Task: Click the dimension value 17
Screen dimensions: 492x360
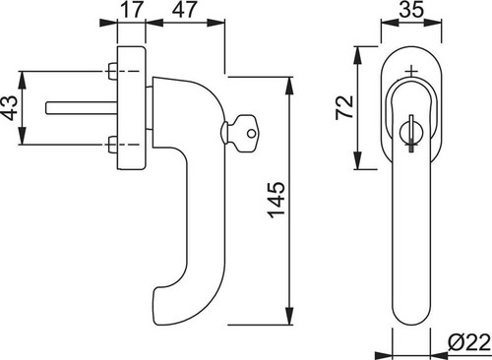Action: (132, 10)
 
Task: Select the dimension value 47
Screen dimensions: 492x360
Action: (185, 10)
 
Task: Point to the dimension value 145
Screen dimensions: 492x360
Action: (277, 200)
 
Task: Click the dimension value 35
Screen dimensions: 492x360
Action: (411, 10)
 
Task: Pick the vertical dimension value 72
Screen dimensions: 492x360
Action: (344, 107)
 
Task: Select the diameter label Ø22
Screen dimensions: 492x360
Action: (469, 342)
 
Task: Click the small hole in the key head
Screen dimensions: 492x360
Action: (251, 134)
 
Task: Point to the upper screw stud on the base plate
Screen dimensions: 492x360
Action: (112, 71)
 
